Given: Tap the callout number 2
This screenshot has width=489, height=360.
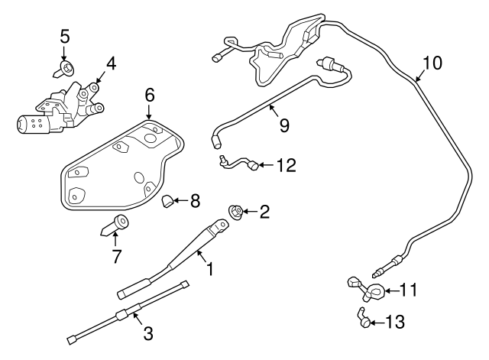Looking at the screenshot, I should point(264,212).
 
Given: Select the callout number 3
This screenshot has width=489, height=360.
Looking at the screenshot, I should point(148,333).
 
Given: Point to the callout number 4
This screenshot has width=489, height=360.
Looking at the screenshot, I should point(111,64).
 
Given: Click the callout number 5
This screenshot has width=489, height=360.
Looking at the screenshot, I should point(65,36).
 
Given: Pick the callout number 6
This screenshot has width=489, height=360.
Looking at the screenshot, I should point(150,95).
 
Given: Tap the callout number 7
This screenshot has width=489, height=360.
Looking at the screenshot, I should point(116,257).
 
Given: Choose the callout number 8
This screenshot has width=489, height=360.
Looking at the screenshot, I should point(194,201).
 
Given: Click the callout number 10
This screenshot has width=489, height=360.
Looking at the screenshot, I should point(432,63).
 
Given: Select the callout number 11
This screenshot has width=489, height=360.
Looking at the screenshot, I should point(410,290).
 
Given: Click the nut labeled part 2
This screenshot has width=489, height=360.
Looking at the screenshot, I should point(236,212).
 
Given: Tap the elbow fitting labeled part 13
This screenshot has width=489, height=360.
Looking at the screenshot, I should point(363,318).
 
